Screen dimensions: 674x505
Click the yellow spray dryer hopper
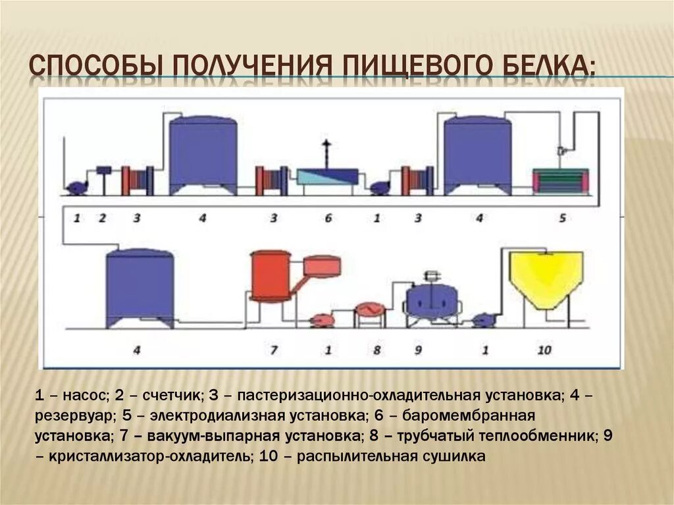[x=547, y=277]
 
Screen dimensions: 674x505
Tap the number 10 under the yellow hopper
[x=544, y=350]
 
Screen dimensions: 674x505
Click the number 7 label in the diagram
[x=273, y=350]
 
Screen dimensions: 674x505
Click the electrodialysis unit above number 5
[x=561, y=180]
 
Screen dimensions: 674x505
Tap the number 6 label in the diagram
[x=328, y=218]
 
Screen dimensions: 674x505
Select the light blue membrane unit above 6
[x=327, y=176]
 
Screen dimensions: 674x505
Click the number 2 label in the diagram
[x=102, y=218]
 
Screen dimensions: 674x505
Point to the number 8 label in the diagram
[x=376, y=350]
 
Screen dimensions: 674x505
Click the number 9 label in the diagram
[x=417, y=350]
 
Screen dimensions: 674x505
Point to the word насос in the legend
[x=85, y=396]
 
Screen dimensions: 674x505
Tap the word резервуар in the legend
[x=72, y=416]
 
